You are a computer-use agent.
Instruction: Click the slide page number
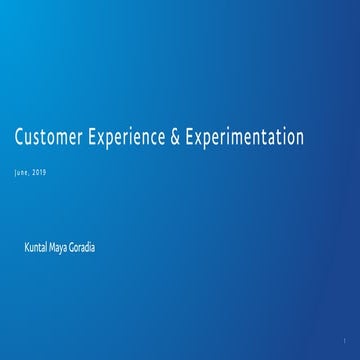click(x=343, y=340)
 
